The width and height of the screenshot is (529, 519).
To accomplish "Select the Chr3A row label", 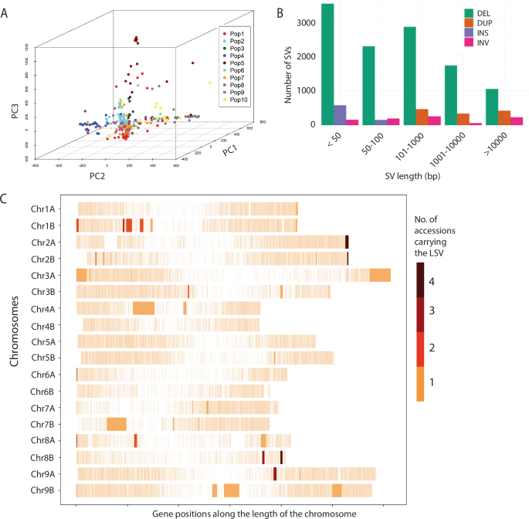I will point(49,275).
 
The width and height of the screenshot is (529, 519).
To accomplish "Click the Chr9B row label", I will point(49,490).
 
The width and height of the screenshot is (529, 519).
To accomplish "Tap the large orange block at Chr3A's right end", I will point(380,275).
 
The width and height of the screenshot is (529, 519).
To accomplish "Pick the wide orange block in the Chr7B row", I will point(117,424).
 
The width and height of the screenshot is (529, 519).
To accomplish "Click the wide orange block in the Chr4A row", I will point(144,308).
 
